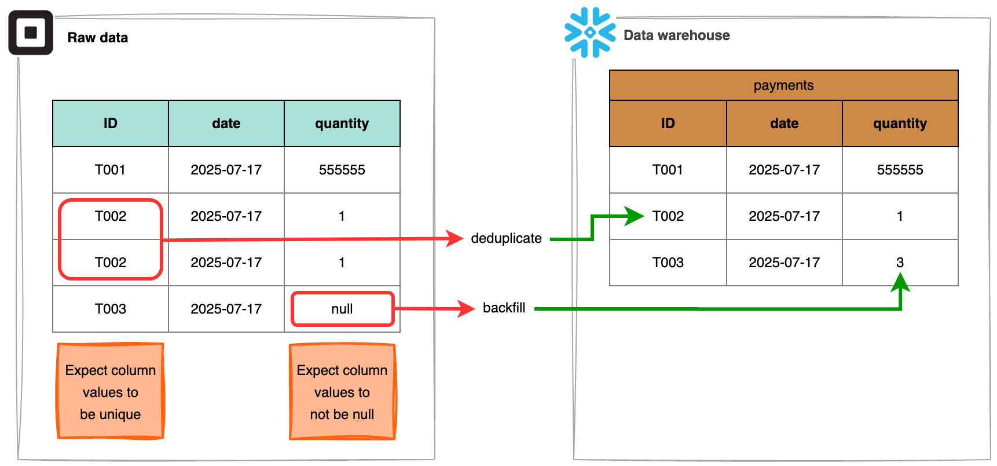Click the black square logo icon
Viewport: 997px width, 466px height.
(x=31, y=33)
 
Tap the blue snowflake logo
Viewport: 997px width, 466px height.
(x=589, y=32)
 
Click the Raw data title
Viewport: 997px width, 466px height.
(x=97, y=38)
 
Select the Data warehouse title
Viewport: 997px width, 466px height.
(x=676, y=35)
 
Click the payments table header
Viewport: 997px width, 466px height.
(x=783, y=85)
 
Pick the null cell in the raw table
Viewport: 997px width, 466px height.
(x=342, y=309)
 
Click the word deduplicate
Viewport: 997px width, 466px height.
(x=506, y=238)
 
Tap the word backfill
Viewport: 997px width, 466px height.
(x=504, y=308)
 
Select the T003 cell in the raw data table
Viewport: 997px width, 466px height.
(x=110, y=309)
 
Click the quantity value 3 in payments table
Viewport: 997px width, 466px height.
(x=900, y=263)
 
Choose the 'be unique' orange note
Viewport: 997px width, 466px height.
(x=111, y=392)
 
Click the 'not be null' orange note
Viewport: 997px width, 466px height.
(x=342, y=392)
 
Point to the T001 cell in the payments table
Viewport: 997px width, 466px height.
(x=668, y=170)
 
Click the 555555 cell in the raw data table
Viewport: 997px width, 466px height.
(x=342, y=170)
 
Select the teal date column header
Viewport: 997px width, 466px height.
(x=226, y=123)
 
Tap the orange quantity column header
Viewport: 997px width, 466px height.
(x=900, y=123)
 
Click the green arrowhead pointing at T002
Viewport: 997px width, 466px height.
(x=635, y=216)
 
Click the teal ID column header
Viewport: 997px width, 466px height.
(x=110, y=123)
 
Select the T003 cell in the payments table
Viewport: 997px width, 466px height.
(x=668, y=263)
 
